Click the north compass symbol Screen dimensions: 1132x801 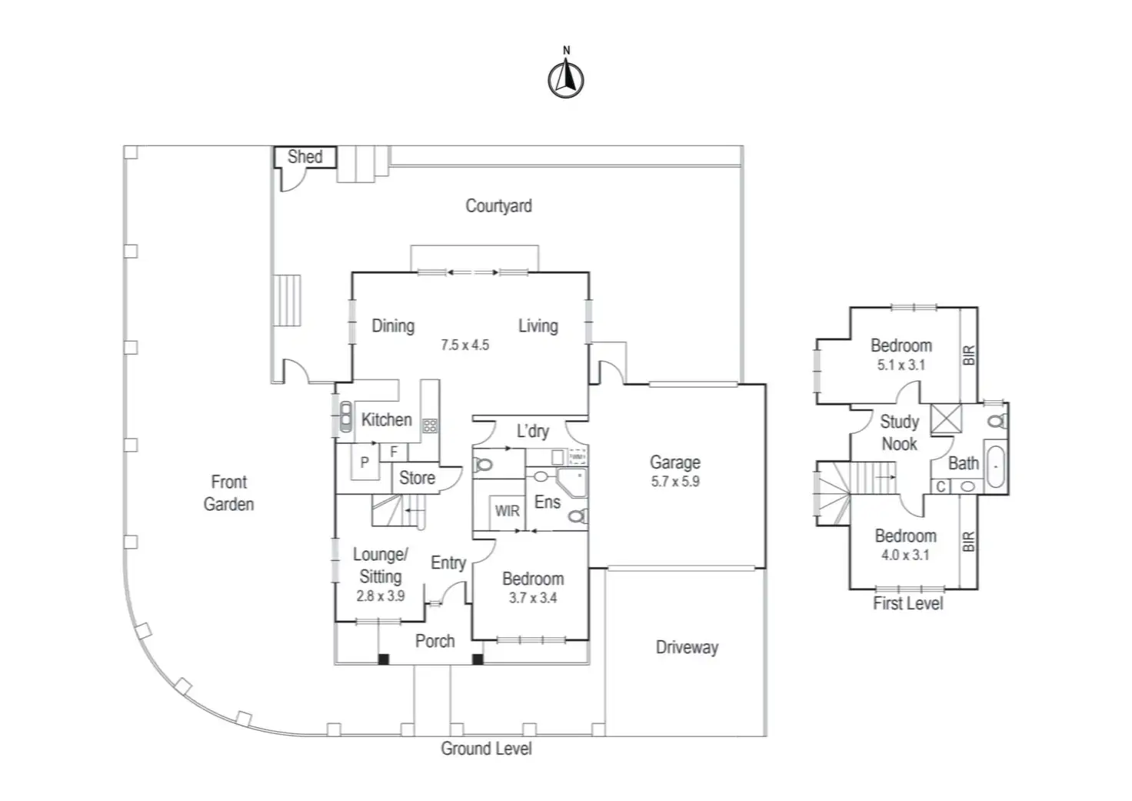[566, 78]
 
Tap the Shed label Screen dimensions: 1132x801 [305, 157]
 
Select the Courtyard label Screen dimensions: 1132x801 [498, 205]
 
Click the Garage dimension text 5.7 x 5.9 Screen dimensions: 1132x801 [675, 482]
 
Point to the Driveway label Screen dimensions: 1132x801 [687, 647]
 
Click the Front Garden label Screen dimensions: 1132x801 [228, 492]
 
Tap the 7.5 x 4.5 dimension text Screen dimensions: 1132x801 [464, 345]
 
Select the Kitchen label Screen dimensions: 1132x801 [386, 419]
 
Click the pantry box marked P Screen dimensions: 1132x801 [365, 462]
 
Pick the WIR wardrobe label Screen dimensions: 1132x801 [507, 510]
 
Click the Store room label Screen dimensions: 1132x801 [417, 478]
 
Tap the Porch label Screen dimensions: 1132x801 [434, 641]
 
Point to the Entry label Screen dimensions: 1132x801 [448, 562]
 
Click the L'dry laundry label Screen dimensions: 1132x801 [532, 431]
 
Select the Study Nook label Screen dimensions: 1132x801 [899, 432]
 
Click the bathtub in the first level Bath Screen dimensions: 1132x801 [995, 466]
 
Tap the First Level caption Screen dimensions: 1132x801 [907, 603]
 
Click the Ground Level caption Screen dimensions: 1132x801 [486, 748]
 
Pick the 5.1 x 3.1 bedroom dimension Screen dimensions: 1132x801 [901, 365]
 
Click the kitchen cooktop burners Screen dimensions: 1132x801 [430, 424]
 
